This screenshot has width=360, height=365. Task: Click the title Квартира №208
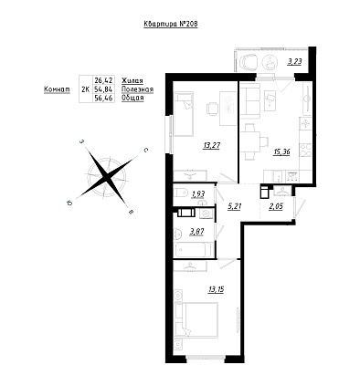171,25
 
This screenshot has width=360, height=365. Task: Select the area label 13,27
211,146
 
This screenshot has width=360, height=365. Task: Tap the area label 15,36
281,151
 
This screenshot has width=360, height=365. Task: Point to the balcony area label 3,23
295,62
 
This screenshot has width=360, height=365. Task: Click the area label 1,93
197,193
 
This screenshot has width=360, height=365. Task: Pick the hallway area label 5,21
235,206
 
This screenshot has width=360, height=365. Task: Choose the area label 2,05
276,206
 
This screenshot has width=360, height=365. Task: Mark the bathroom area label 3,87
196,232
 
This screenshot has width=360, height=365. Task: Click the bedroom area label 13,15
216,289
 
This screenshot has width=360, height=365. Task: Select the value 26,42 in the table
104,80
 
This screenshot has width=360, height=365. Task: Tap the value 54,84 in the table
104,89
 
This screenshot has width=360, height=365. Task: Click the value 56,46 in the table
104,99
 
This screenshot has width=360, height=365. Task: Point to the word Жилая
132,81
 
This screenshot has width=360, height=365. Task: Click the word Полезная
137,89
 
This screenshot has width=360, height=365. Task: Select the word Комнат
57,89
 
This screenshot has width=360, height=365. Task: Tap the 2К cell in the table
86,89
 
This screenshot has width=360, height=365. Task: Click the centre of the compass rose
106,176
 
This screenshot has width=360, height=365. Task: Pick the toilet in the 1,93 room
182,193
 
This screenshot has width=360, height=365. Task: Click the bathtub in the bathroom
193,250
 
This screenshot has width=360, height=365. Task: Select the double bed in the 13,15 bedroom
198,319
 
